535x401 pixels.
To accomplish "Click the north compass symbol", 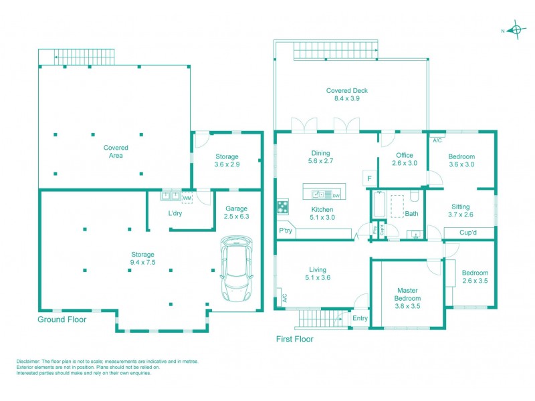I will (515, 30).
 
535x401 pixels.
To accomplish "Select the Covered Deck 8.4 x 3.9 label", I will (347, 94).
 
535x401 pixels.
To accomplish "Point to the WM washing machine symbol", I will (187, 196).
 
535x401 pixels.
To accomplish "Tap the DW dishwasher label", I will (336, 195).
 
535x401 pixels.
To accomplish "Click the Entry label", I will (360, 318).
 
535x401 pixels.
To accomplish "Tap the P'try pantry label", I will (287, 231).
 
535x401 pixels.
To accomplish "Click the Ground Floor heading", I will (62, 319).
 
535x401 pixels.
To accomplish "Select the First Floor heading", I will (295, 339).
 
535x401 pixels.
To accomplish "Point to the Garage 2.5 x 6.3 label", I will (237, 212).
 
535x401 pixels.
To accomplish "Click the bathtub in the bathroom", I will (379, 206).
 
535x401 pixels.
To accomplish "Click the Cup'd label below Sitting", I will (468, 233).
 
